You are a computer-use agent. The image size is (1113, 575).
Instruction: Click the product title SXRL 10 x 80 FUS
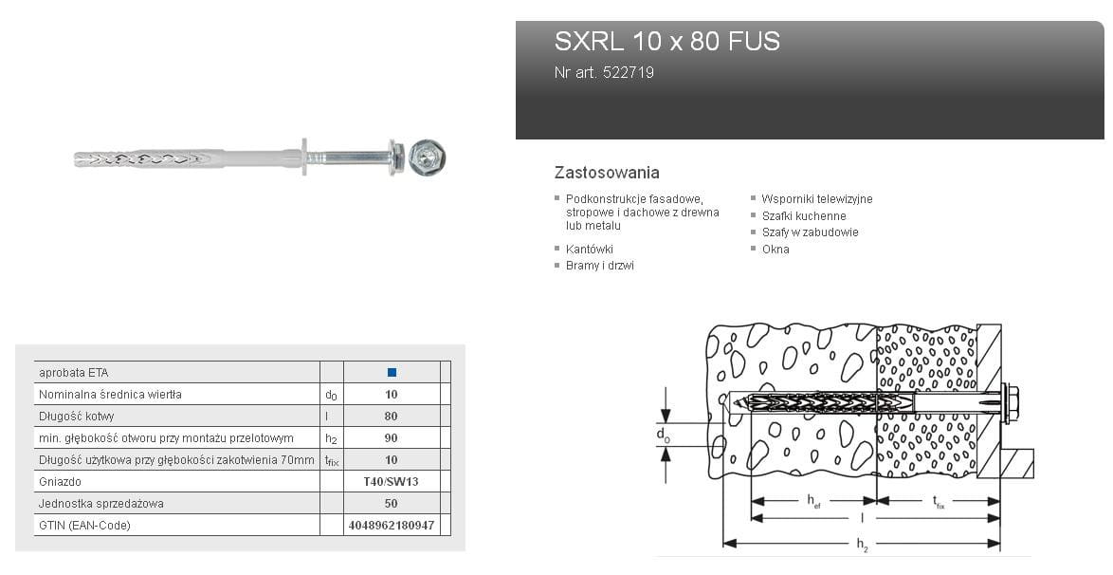pos(666,41)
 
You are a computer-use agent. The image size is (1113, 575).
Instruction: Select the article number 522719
pos(629,72)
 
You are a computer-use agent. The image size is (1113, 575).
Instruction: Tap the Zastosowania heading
pos(607,172)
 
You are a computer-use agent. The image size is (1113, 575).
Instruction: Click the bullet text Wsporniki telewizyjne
pos(817,199)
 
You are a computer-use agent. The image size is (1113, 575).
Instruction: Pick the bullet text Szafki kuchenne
pos(804,216)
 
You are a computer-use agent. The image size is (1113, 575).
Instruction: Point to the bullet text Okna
pos(775,250)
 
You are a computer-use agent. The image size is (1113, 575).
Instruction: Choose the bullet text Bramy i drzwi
pos(600,266)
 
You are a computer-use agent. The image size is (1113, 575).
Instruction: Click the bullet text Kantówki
pos(589,250)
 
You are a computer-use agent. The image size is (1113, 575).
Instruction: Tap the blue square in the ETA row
pos(392,373)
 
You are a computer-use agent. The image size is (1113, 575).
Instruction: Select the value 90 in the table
pos(392,437)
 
